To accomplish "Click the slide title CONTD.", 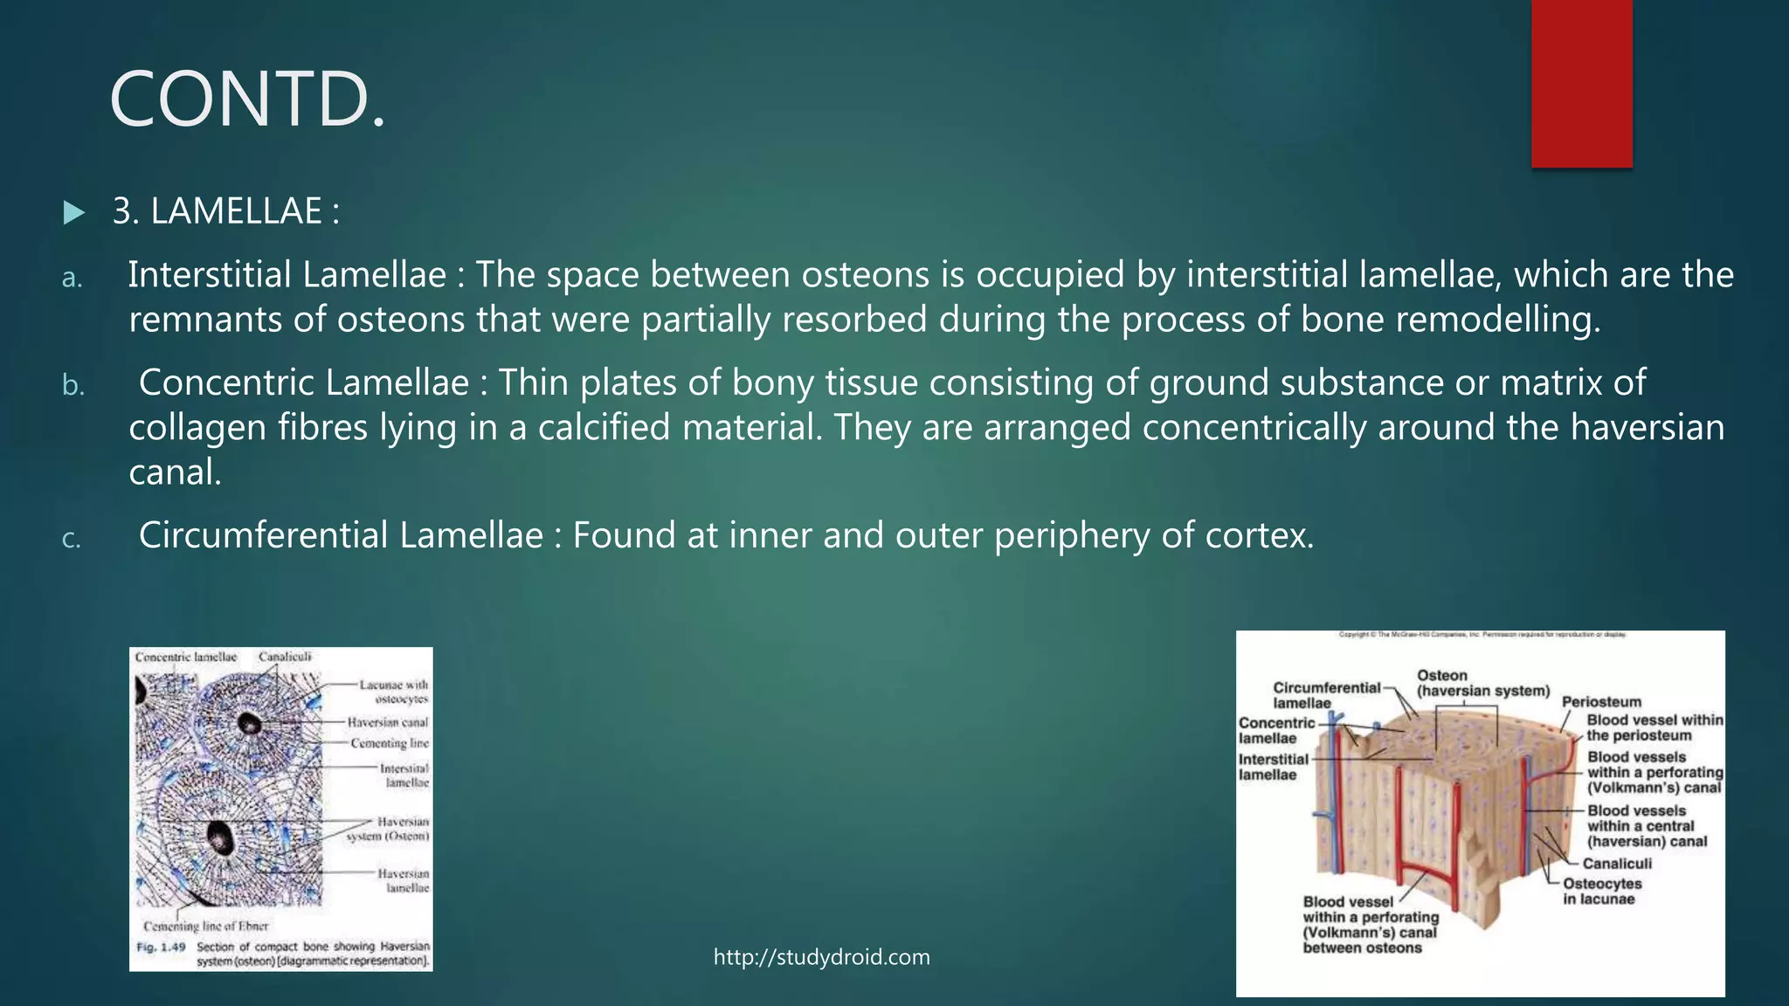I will click(247, 100).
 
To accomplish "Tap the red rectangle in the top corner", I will click(1581, 83).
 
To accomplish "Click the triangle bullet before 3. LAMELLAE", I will click(74, 213).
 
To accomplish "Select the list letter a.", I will click(72, 278).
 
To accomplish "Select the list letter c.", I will click(72, 539).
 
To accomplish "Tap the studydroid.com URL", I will click(821, 957).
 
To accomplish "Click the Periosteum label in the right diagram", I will click(1601, 702).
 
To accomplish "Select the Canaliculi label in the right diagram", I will click(1617, 864).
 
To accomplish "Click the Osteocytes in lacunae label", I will click(1602, 892).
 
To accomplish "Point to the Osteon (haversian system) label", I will click(1482, 683).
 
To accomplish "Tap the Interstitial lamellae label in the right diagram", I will click(1273, 767).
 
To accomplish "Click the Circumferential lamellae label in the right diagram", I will click(1326, 695).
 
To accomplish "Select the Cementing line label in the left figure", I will click(390, 743).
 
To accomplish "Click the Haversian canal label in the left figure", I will click(388, 722).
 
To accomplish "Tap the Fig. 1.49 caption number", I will click(161, 947).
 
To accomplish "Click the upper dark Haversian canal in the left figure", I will click(250, 722).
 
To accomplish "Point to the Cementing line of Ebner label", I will click(206, 926).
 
